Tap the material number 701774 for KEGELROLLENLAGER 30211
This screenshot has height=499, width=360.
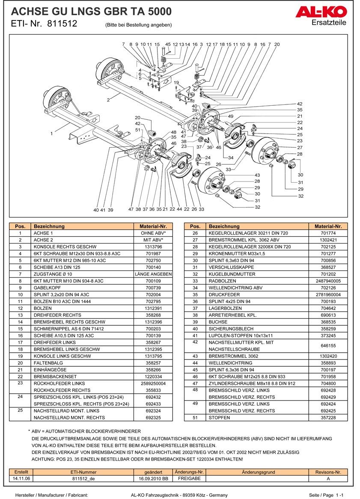[x=328, y=233]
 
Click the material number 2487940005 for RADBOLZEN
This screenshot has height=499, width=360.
[x=328, y=281]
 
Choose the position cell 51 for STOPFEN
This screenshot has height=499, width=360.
[x=195, y=418]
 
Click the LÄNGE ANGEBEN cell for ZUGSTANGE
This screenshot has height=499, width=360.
[x=153, y=274]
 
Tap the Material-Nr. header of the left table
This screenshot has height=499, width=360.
[x=153, y=226]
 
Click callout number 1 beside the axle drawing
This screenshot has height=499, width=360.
[x=51, y=134]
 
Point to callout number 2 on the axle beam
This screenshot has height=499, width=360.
[x=109, y=100]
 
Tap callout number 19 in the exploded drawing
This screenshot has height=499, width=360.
[x=176, y=83]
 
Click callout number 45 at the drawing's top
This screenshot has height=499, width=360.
[x=168, y=45]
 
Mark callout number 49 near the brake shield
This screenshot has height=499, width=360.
[x=230, y=116]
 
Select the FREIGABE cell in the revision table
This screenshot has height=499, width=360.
[x=189, y=479]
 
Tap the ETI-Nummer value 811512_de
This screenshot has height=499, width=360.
[x=84, y=479]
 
